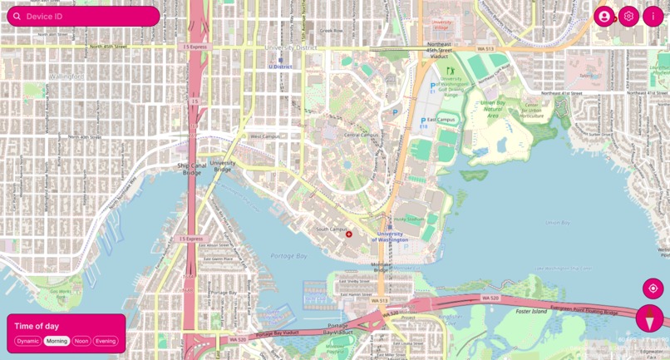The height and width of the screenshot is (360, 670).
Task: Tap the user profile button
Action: click(603, 17)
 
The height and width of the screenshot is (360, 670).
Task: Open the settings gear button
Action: click(628, 17)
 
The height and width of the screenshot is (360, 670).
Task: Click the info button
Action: click(653, 17)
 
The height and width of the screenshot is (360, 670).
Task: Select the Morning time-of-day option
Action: click(57, 341)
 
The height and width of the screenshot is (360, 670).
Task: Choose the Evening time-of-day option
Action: click(106, 341)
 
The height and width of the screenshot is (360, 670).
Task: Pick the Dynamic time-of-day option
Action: click(28, 341)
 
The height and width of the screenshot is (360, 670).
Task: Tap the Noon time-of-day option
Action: click(81, 341)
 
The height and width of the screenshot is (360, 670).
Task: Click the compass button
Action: click(650, 318)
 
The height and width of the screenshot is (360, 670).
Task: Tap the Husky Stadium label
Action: click(409, 219)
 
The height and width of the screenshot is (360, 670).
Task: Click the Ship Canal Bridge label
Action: click(190, 169)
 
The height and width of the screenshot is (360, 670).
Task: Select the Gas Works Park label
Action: click(60, 293)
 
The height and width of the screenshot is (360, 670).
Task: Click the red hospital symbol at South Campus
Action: click(349, 234)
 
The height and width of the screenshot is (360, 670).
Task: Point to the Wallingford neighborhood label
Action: click(67, 76)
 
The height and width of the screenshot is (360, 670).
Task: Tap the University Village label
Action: click(441, 26)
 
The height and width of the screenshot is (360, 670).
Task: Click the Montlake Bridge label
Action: click(381, 267)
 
